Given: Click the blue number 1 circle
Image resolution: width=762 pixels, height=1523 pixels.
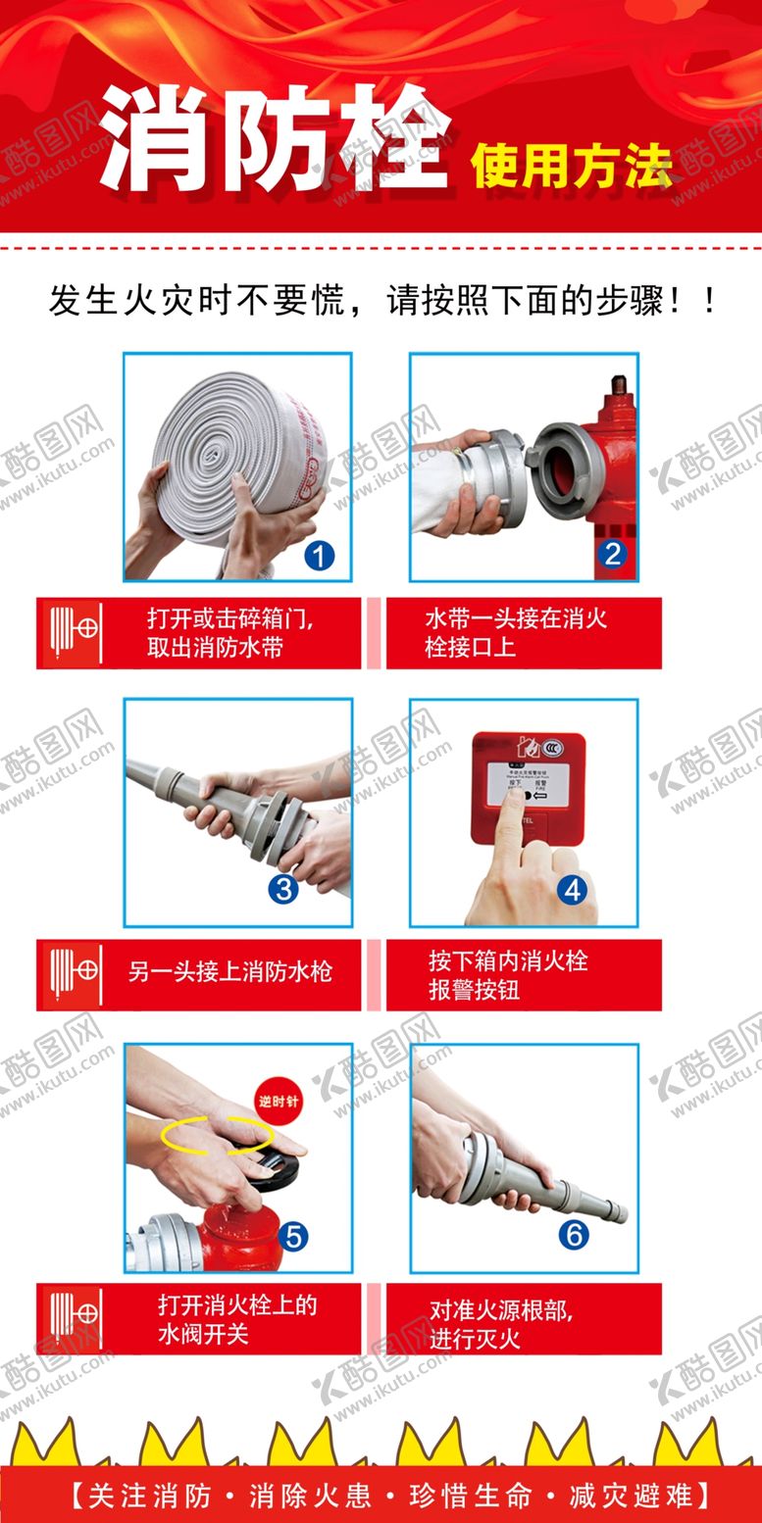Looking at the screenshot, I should coord(319,557).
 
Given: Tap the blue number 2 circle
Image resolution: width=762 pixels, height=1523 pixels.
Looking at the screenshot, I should coord(613,554).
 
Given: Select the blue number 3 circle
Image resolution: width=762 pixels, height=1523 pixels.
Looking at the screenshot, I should coord(283,888).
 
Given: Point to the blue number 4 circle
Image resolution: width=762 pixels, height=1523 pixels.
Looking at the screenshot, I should coord(573,890).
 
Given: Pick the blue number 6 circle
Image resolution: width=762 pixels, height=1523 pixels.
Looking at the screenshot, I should coord(573,1235).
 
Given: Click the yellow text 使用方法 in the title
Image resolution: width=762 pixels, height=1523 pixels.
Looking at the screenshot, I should coord(572,165).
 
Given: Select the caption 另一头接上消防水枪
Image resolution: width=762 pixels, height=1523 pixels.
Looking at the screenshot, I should coord(229,972).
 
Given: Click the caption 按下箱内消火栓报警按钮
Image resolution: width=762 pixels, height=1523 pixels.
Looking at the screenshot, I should coord(508,974).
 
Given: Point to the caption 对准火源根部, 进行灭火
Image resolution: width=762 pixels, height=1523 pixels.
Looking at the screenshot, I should coord(501,1323).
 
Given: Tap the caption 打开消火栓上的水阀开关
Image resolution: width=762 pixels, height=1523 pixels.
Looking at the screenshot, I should coord(237,1319).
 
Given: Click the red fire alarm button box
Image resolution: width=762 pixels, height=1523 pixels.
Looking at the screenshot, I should coord(528,787).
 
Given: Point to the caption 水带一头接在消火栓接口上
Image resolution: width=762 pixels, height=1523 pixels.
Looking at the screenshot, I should coord(515,632).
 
